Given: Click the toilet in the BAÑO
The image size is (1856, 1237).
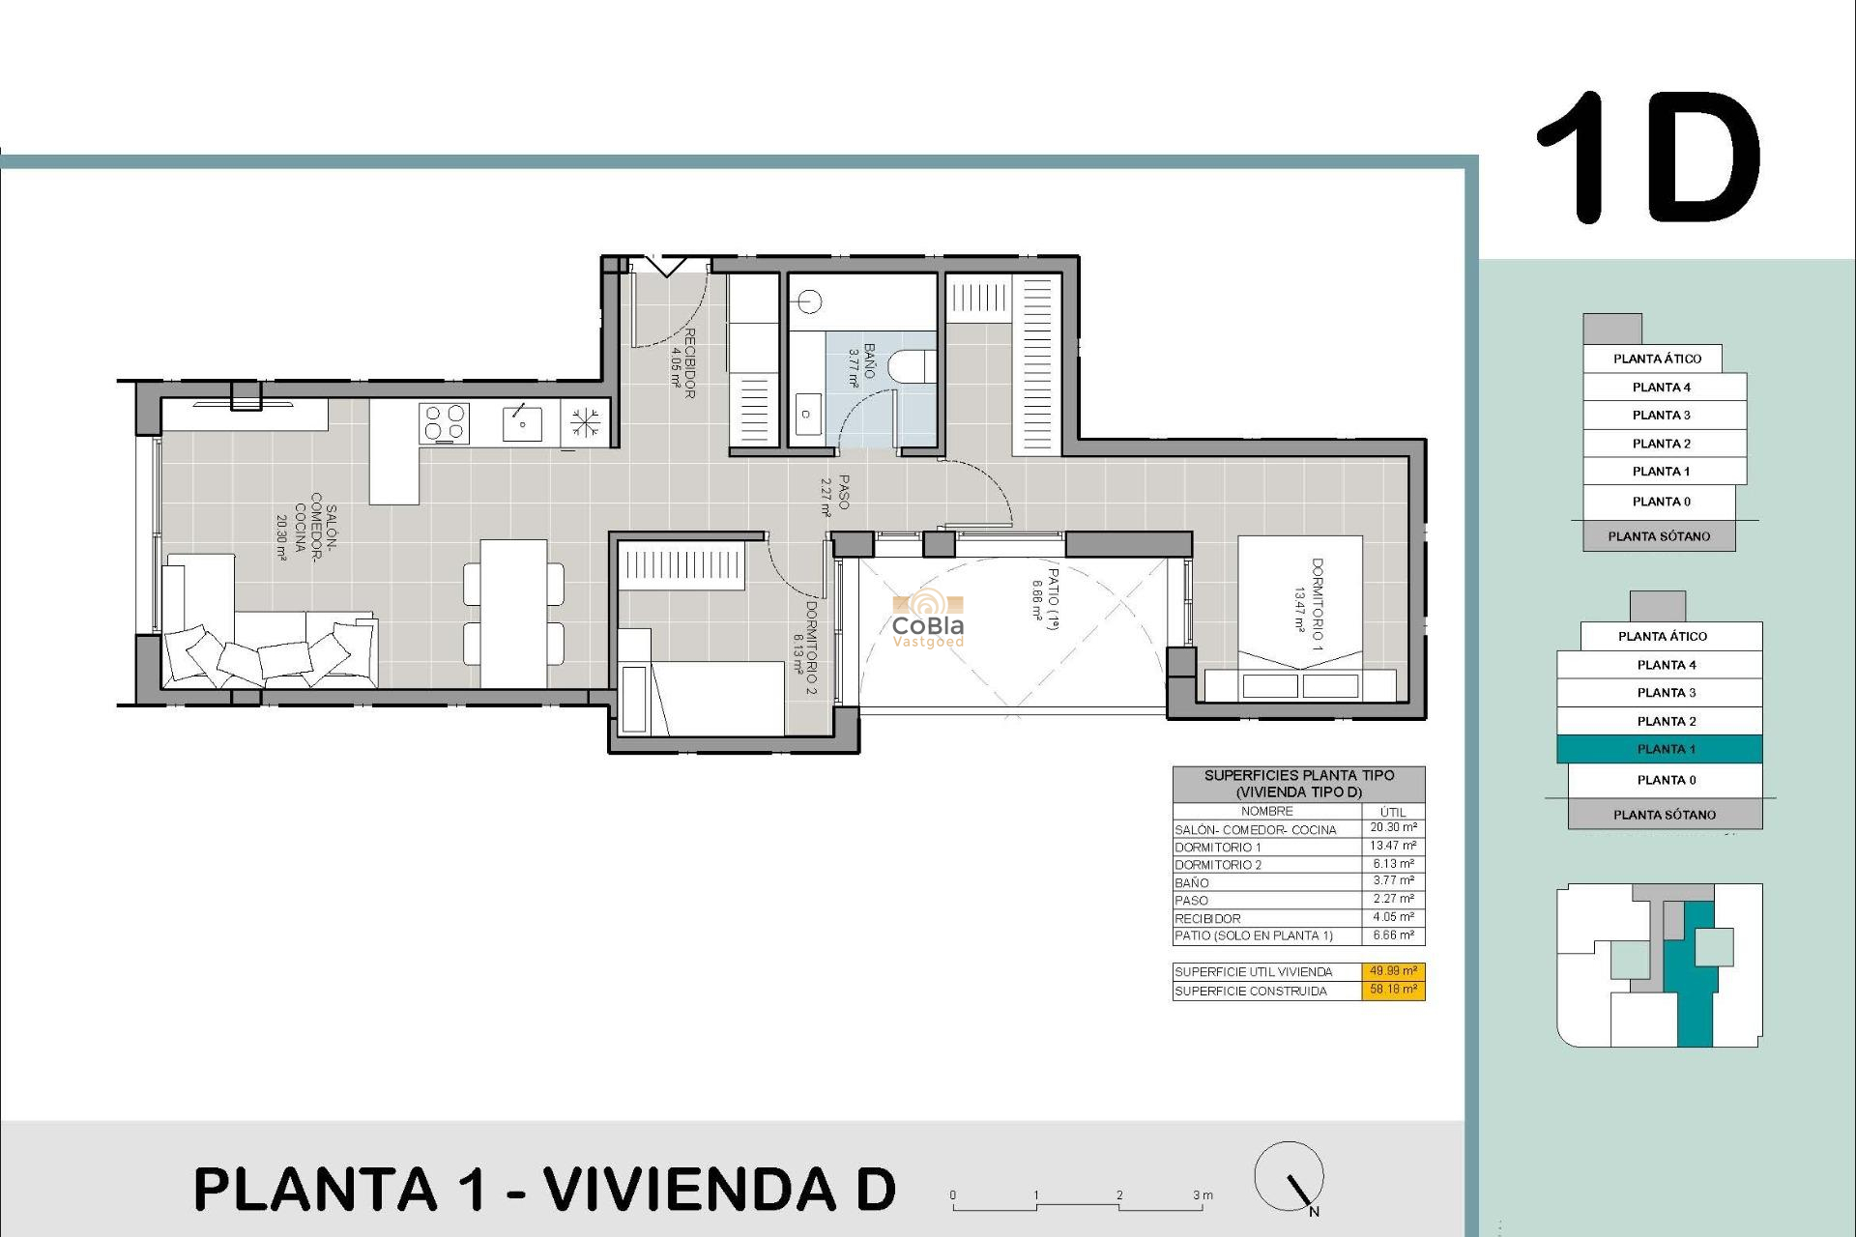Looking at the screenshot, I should [x=910, y=366].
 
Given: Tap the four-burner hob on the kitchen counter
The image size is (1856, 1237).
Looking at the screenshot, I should [x=444, y=423].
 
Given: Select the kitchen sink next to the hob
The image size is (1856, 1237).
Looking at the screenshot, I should [x=522, y=423].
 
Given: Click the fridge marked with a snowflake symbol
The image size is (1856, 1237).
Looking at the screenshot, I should [x=584, y=423].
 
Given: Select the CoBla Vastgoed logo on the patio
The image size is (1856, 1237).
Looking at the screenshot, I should [x=927, y=618].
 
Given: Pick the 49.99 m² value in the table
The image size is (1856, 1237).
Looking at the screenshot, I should [x=1393, y=971].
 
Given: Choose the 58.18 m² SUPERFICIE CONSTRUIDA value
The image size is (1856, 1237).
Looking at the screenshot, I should [x=1393, y=990].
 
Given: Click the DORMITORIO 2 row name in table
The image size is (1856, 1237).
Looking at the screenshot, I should [x=1218, y=865].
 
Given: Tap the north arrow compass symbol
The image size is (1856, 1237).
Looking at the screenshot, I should [x=1290, y=1176].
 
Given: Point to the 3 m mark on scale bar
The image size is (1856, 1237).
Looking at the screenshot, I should [x=1202, y=1196].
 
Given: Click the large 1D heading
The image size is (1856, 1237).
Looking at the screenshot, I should [x=1649, y=158].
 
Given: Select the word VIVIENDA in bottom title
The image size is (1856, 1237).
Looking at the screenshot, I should [x=689, y=1189].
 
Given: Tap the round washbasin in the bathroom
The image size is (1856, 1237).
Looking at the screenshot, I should [x=810, y=302].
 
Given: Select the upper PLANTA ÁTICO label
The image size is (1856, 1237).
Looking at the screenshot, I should [x=1656, y=359].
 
